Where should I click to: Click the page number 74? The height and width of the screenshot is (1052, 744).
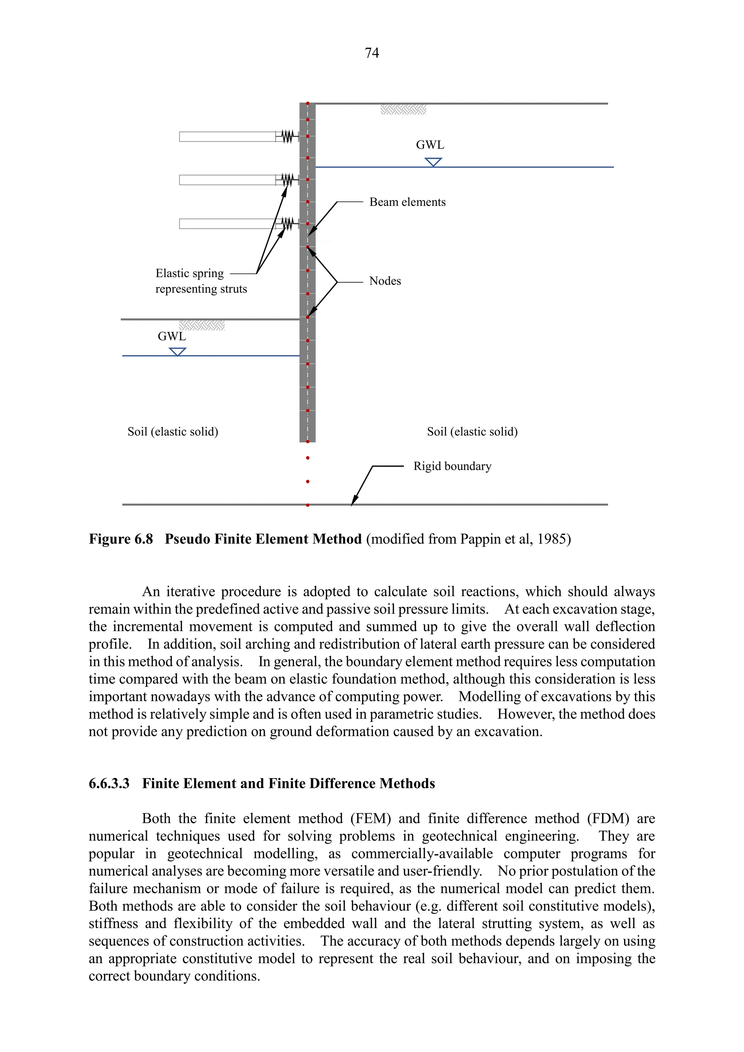tap(372, 53)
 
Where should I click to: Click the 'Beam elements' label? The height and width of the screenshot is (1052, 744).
tap(407, 202)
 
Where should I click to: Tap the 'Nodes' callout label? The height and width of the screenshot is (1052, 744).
tap(385, 281)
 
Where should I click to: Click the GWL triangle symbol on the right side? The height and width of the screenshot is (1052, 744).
tap(433, 162)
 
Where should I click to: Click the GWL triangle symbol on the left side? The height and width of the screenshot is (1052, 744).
tap(177, 351)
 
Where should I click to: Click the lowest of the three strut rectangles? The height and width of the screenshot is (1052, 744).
tap(227, 224)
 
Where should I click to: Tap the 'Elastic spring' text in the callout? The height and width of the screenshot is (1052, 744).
tap(189, 274)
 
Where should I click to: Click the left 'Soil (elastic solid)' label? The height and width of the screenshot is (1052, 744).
tap(173, 432)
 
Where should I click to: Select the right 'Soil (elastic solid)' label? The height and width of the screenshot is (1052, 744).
tap(472, 432)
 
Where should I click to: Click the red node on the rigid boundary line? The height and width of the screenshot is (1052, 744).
tap(307, 505)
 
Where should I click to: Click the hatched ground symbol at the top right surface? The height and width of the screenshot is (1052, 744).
tap(403, 109)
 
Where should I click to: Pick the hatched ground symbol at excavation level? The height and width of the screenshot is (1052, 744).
tap(202, 326)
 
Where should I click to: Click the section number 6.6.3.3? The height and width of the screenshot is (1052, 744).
tap(109, 784)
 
